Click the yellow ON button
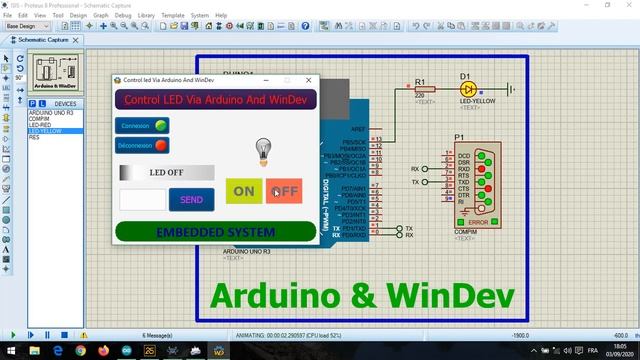[x=243, y=191]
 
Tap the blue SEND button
[x=191, y=200]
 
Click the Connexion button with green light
[x=142, y=126]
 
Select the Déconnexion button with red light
[x=142, y=145]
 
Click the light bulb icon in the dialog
[x=263, y=150]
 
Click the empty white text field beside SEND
[x=142, y=200]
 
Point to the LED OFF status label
[x=166, y=172]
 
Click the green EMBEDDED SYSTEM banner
[x=215, y=231]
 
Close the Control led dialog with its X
[x=308, y=80]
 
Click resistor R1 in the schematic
[x=420, y=89]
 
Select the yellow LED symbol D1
[x=467, y=89]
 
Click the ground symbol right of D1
[x=511, y=89]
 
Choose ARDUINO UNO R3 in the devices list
[x=49, y=112]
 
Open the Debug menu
[x=124, y=16]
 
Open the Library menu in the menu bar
[x=147, y=16]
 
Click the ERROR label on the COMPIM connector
[x=478, y=221]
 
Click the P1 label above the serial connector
[x=459, y=137]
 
